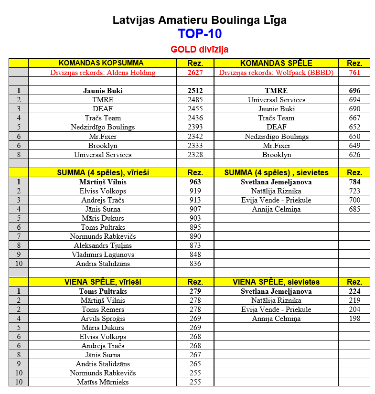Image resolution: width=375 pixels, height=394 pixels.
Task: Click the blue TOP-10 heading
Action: pyautogui.click(x=200, y=34)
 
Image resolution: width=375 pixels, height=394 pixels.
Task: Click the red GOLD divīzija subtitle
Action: pyautogui.click(x=200, y=49)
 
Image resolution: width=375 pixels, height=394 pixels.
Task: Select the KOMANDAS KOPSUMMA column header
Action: pyautogui.click(x=101, y=63)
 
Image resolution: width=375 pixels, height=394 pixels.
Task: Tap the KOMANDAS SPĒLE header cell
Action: pyautogui.click(x=276, y=63)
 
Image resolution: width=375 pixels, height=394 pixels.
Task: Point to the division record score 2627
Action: pyautogui.click(x=195, y=73)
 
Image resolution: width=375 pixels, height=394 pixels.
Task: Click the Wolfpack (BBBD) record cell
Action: pyautogui.click(x=276, y=73)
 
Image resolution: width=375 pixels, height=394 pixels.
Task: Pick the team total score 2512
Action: pyautogui.click(x=195, y=91)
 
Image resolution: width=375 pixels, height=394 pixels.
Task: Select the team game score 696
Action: pyautogui.click(x=354, y=91)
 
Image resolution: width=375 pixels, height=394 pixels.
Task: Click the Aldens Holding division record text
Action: pyautogui.click(x=103, y=73)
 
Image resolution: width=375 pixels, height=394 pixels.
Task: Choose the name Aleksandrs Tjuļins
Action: pyautogui.click(x=103, y=245)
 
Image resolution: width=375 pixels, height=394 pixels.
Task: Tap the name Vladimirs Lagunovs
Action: pyautogui.click(x=103, y=255)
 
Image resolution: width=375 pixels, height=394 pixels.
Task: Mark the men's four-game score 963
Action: pyautogui.click(x=195, y=182)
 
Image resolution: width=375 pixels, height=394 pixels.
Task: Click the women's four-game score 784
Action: pyautogui.click(x=354, y=182)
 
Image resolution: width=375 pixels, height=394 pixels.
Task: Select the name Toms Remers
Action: pyautogui.click(x=103, y=309)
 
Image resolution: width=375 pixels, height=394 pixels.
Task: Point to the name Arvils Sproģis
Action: pyautogui.click(x=103, y=319)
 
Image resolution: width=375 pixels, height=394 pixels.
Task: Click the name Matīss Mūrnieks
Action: pyautogui.click(x=103, y=382)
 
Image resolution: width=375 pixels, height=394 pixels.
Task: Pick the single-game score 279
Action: pyautogui.click(x=195, y=291)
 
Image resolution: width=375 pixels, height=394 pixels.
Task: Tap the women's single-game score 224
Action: pyautogui.click(x=354, y=291)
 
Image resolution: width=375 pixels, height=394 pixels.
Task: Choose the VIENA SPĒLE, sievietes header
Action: pyautogui.click(x=276, y=282)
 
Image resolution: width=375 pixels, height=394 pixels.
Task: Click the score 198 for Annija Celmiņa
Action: pyautogui.click(x=354, y=319)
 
